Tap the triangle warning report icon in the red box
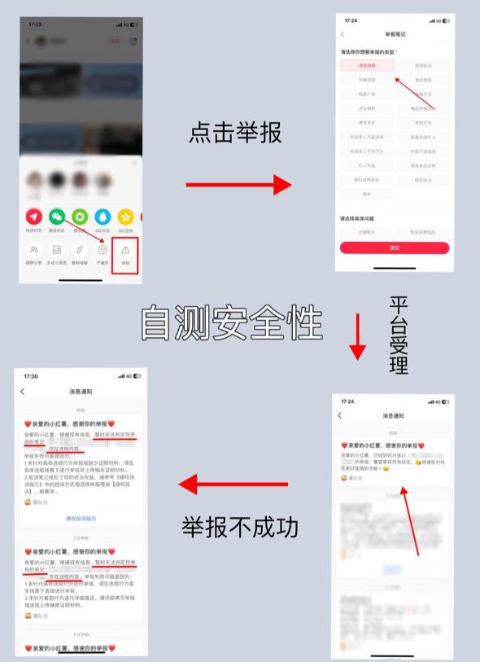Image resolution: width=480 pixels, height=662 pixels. (125, 252)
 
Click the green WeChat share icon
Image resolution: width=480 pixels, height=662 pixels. (57, 217)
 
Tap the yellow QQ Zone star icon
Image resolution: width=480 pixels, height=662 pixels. (125, 217)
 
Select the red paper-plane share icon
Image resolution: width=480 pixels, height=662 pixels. (34, 217)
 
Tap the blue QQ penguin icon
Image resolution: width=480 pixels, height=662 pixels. (103, 217)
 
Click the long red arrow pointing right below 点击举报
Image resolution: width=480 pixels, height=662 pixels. (238, 186)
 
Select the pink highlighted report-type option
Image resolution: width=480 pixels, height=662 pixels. (367, 66)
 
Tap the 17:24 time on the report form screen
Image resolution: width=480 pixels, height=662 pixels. (351, 20)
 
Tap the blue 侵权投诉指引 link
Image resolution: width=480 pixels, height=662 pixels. (81, 518)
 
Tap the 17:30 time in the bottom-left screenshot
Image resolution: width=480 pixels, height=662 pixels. (31, 376)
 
